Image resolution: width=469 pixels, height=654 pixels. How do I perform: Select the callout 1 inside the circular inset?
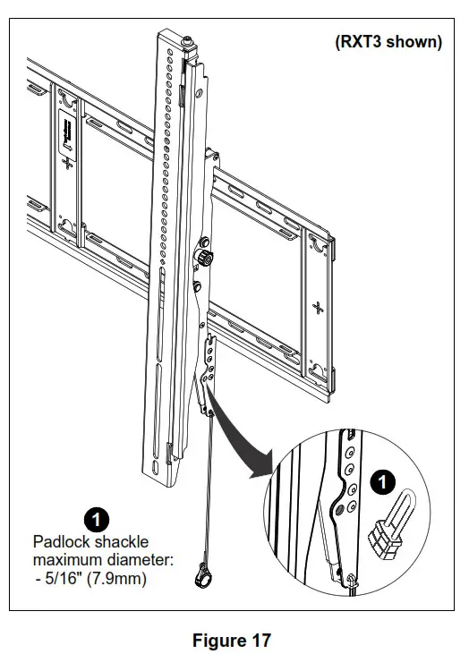[383, 483]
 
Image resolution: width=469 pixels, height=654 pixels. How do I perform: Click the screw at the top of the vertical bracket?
[190, 41]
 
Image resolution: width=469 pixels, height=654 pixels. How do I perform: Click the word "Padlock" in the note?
[62, 542]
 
